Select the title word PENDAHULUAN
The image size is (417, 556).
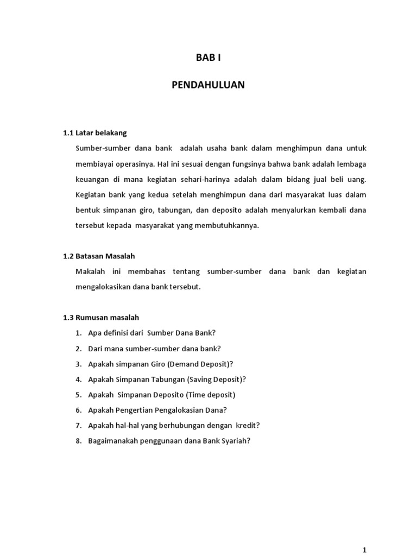[208, 85]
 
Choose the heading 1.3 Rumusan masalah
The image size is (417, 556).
[101, 317]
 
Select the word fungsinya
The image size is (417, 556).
[237, 163]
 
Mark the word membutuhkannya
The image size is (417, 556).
[229, 225]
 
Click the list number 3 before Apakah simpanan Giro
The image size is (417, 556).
[78, 363]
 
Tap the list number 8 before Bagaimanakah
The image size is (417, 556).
[78, 441]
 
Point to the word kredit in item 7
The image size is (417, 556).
[248, 425]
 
